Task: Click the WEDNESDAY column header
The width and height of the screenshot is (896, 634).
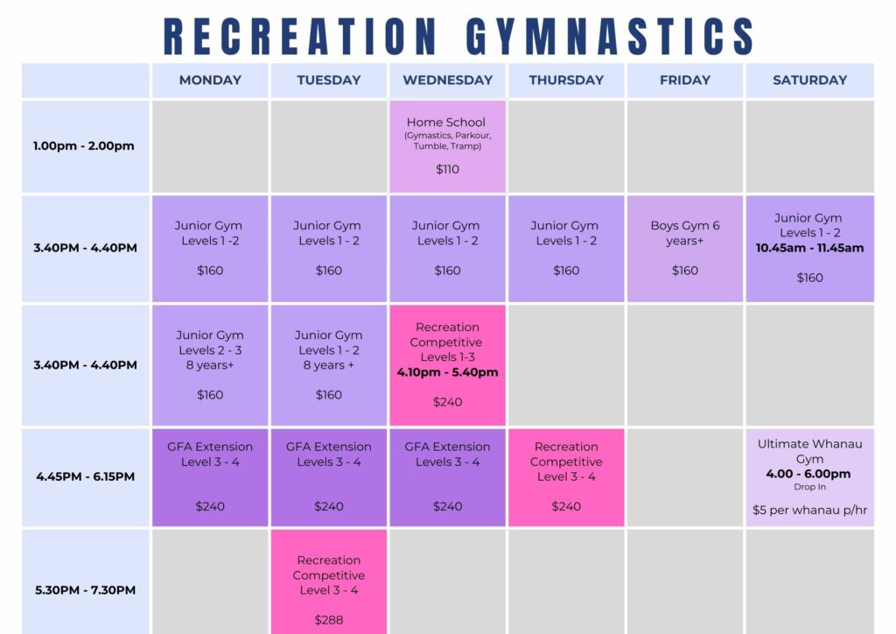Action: click(x=447, y=80)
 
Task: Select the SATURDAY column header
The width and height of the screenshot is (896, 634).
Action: click(x=809, y=80)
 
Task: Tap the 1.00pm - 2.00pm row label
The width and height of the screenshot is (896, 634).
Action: click(x=83, y=145)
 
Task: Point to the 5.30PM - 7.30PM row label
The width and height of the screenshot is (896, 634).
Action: click(x=85, y=590)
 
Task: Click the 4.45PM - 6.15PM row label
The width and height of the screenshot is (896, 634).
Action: click(x=85, y=476)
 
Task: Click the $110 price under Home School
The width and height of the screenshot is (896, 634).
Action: click(x=447, y=169)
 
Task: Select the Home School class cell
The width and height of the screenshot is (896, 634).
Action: click(x=447, y=147)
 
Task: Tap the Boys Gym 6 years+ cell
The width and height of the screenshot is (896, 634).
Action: click(x=685, y=249)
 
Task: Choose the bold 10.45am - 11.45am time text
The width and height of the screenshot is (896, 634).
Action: click(x=809, y=248)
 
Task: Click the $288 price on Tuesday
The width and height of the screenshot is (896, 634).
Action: click(x=329, y=620)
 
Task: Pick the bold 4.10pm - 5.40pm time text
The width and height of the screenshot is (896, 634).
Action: click(x=447, y=372)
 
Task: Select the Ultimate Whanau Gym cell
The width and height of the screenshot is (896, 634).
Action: click(x=809, y=477)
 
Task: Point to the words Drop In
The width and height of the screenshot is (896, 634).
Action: click(x=809, y=487)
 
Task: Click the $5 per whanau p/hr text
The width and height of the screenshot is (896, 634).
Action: click(x=809, y=510)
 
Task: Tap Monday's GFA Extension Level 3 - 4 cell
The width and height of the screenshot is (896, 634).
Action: click(x=210, y=477)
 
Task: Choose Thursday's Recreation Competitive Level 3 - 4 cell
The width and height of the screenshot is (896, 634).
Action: click(x=566, y=477)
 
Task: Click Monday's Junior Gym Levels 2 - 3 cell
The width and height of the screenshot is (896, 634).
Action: click(x=210, y=365)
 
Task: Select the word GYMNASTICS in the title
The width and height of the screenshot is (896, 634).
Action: click(x=610, y=36)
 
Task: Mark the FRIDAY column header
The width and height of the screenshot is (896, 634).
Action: click(x=685, y=80)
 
